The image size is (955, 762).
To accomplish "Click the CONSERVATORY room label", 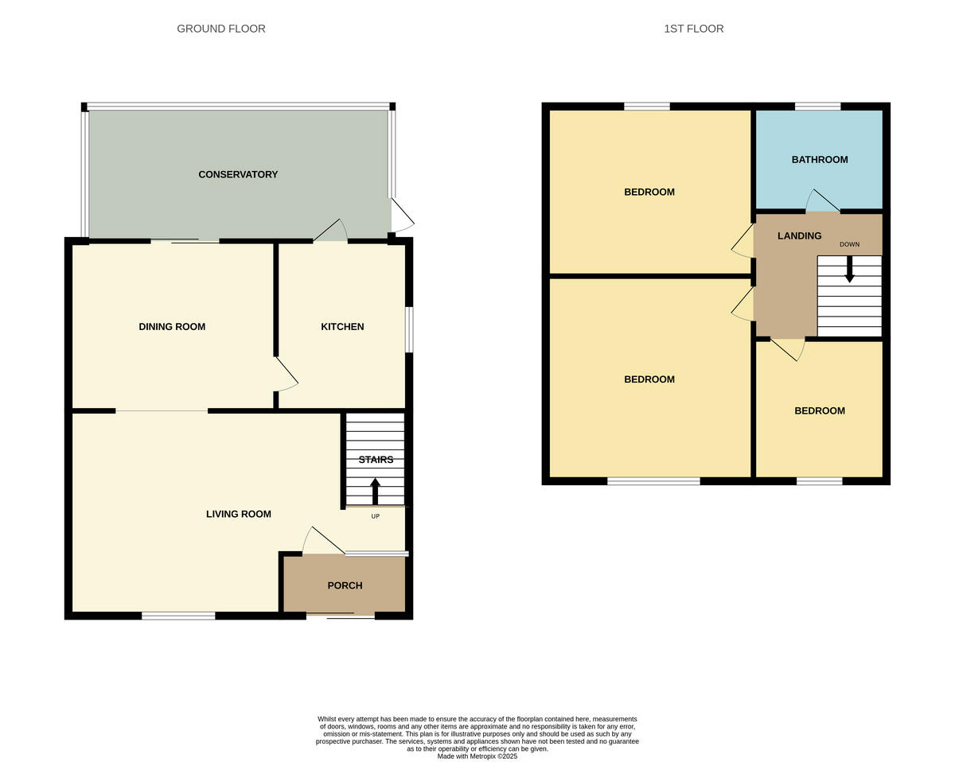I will [238, 174].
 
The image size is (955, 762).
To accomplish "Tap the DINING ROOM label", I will [172, 327].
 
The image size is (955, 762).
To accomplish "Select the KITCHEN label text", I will [342, 327].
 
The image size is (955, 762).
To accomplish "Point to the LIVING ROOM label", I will [239, 514].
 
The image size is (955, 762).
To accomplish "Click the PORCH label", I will [345, 585].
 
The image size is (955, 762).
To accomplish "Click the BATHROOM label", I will [819, 160].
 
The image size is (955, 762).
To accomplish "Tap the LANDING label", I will [799, 236].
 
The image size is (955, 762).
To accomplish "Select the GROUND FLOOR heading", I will [221, 29].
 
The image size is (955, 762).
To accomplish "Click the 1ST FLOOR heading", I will [693, 29].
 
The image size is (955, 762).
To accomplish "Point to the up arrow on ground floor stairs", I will [376, 491].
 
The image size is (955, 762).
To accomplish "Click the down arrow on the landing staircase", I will [849, 270].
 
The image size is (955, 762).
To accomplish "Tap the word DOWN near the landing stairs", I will [849, 244].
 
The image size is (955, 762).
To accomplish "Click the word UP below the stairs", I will [376, 516].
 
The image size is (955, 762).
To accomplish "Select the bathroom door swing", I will [822, 200].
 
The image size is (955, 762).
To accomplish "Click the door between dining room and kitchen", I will [286, 374].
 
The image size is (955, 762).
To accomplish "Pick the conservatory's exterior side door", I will [402, 215].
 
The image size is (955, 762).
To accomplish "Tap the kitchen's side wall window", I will [409, 329].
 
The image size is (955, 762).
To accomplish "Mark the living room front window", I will [178, 615].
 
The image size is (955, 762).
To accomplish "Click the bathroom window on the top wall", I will [817, 107].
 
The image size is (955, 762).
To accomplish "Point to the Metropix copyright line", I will [477, 756].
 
